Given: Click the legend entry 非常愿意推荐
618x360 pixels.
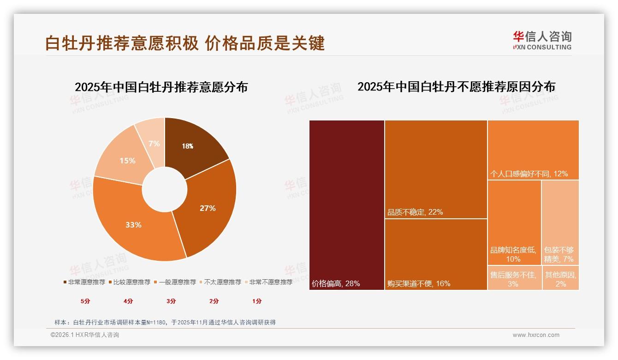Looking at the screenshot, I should tap(84, 282).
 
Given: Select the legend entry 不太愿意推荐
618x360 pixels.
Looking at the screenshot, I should tap(220, 282).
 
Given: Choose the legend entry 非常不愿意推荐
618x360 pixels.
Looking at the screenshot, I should tap(268, 282).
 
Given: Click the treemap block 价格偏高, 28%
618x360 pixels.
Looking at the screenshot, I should tap(347, 205).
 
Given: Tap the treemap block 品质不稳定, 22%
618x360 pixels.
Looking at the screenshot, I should tap(436, 169).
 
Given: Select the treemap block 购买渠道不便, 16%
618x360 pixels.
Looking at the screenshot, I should tap(436, 254).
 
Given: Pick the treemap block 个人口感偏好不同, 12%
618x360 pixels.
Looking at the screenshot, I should tap(533, 150).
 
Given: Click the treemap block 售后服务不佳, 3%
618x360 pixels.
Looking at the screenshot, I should tap(514, 278).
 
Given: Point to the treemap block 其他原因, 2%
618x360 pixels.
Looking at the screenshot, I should tap(560, 278).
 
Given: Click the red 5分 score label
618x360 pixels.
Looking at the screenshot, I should tap(85, 301).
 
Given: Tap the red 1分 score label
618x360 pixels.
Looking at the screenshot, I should tap(257, 301).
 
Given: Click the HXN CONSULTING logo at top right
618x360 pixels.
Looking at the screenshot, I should tap(542, 41).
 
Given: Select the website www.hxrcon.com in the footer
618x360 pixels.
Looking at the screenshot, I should tap(536, 335).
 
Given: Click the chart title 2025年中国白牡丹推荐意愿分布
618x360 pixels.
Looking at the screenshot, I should tap(161, 87).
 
